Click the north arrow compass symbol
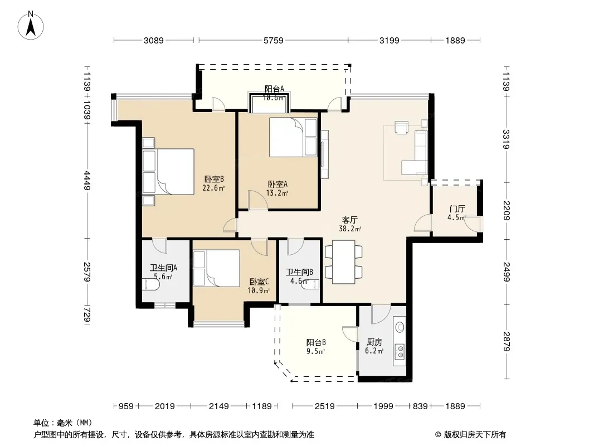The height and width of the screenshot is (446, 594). click(31, 25)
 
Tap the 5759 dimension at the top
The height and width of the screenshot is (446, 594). click(274, 40)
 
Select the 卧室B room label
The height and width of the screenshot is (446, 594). click(214, 179)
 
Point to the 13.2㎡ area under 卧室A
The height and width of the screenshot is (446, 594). click(277, 193)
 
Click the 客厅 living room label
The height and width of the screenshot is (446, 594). click(349, 220)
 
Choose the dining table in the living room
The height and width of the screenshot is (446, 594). click(344, 262)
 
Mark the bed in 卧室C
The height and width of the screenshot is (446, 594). click(217, 268)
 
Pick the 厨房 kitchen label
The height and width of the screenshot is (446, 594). click(374, 342)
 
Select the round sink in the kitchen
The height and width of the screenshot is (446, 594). click(400, 327)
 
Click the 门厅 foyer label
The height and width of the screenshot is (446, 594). click(457, 209)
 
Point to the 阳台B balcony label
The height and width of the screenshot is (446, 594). click(316, 342)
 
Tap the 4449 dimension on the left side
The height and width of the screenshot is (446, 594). click(87, 181)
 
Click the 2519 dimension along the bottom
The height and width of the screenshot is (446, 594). click(325, 406)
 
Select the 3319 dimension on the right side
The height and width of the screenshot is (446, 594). click(507, 139)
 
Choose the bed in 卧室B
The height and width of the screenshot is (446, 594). click(169, 172)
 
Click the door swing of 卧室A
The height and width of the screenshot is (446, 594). click(258, 200)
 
